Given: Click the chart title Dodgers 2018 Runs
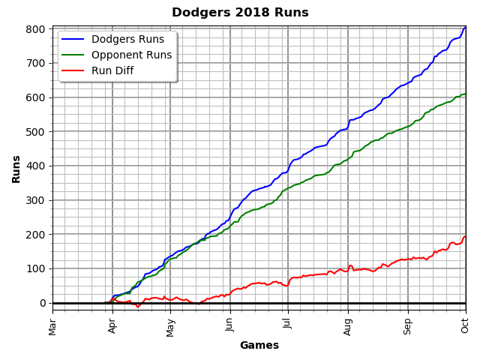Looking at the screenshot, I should [240, 13].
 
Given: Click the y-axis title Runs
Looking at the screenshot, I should [16, 169].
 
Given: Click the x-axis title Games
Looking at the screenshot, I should [259, 346].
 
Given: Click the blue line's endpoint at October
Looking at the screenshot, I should [466, 27].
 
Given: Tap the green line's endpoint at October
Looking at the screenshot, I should [466, 94].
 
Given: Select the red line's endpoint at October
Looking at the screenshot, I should [466, 236].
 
